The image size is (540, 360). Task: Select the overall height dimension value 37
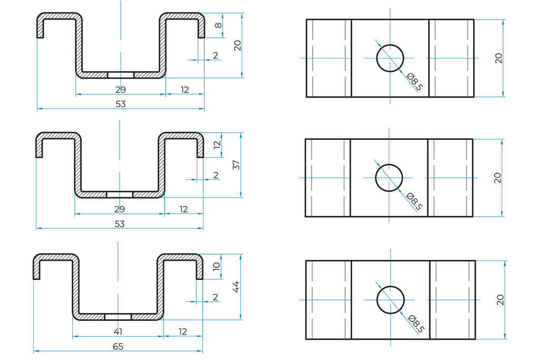point(236,165)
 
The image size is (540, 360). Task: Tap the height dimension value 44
point(236,286)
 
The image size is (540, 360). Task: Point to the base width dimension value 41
point(119,332)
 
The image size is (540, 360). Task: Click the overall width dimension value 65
point(119,346)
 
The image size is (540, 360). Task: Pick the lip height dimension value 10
point(216,267)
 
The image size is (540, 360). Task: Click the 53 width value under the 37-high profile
point(120,224)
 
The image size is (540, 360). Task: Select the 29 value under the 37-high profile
point(120,209)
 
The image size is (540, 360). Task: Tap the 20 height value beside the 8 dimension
point(237,45)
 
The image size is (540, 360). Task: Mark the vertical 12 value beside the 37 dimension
point(217,145)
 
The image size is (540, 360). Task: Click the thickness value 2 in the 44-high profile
point(215,297)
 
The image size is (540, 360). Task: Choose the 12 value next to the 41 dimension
point(183,332)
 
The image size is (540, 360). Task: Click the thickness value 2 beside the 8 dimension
point(215,56)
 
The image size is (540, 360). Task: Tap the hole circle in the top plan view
point(390,58)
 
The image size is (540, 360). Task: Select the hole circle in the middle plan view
point(389,178)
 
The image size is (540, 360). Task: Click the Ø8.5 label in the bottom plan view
point(416,324)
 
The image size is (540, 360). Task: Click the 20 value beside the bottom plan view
point(500,300)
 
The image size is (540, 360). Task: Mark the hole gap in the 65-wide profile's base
point(118,317)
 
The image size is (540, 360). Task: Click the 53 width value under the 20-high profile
point(121,104)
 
